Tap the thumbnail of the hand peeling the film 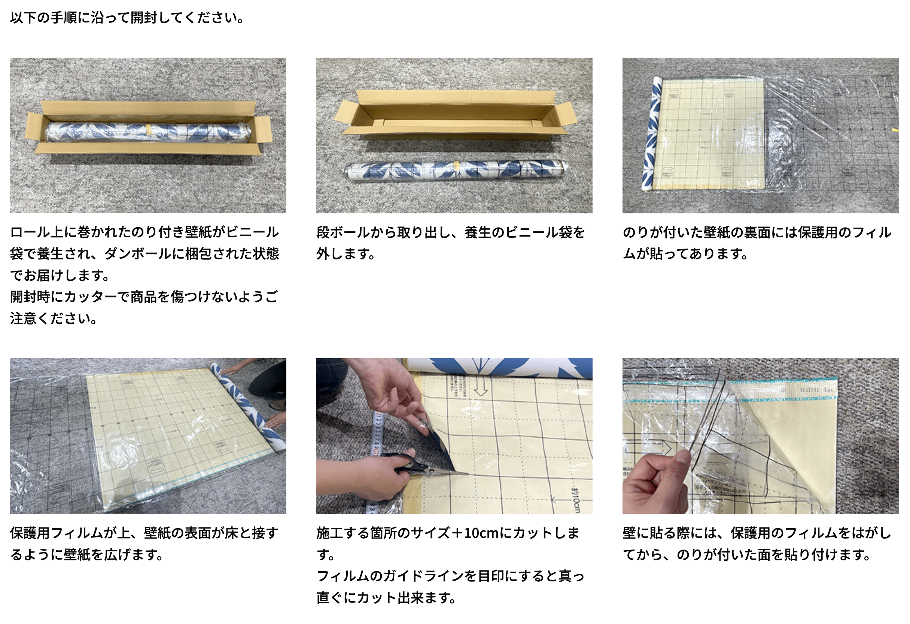point(760,436)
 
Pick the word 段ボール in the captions point(343,232)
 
